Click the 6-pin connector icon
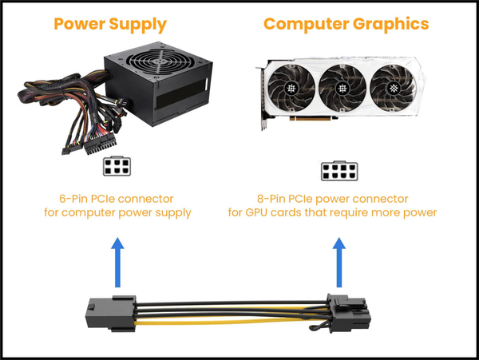pyautogui.click(x=117, y=167)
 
